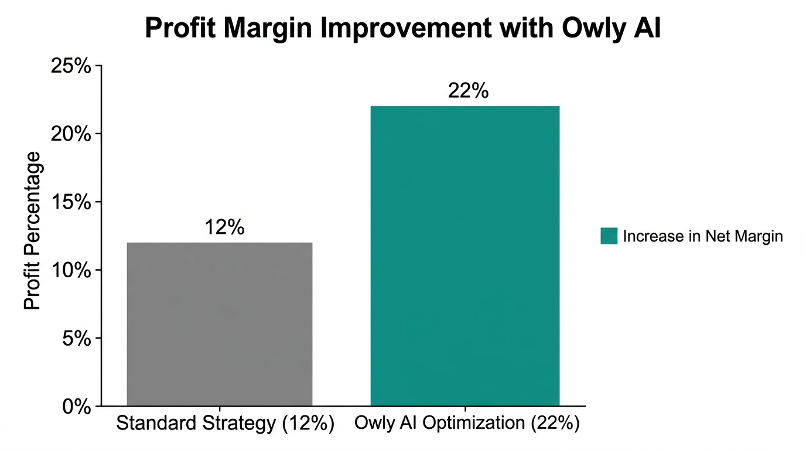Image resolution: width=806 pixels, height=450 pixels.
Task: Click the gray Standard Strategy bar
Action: pyautogui.click(x=220, y=324)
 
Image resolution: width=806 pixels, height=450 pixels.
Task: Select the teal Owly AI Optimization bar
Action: pyautogui.click(x=465, y=256)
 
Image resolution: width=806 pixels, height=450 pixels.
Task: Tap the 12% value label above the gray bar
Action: pyautogui.click(x=224, y=227)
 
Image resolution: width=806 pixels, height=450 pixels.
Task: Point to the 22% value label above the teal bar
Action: pyautogui.click(x=468, y=91)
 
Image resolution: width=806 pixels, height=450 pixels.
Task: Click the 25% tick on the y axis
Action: pyautogui.click(x=71, y=66)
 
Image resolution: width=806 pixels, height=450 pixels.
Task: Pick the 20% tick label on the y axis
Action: pyautogui.click(x=71, y=134)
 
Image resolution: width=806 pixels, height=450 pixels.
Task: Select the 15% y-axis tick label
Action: pyautogui.click(x=71, y=202)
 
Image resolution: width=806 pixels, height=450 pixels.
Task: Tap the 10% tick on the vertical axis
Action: pyautogui.click(x=71, y=270)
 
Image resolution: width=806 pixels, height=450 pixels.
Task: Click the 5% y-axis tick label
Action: pyautogui.click(x=76, y=338)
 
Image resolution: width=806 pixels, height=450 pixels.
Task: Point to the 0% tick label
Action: pyautogui.click(x=76, y=406)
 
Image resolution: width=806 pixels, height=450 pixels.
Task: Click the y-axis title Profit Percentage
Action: pyautogui.click(x=33, y=230)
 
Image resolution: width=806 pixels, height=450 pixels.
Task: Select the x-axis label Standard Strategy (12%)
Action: pyautogui.click(x=226, y=424)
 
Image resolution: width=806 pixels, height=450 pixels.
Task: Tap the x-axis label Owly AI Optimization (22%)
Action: pyautogui.click(x=467, y=424)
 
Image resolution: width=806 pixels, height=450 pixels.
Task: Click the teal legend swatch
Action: pyautogui.click(x=609, y=236)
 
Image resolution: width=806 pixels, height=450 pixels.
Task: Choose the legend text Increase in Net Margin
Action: pyautogui.click(x=703, y=236)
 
